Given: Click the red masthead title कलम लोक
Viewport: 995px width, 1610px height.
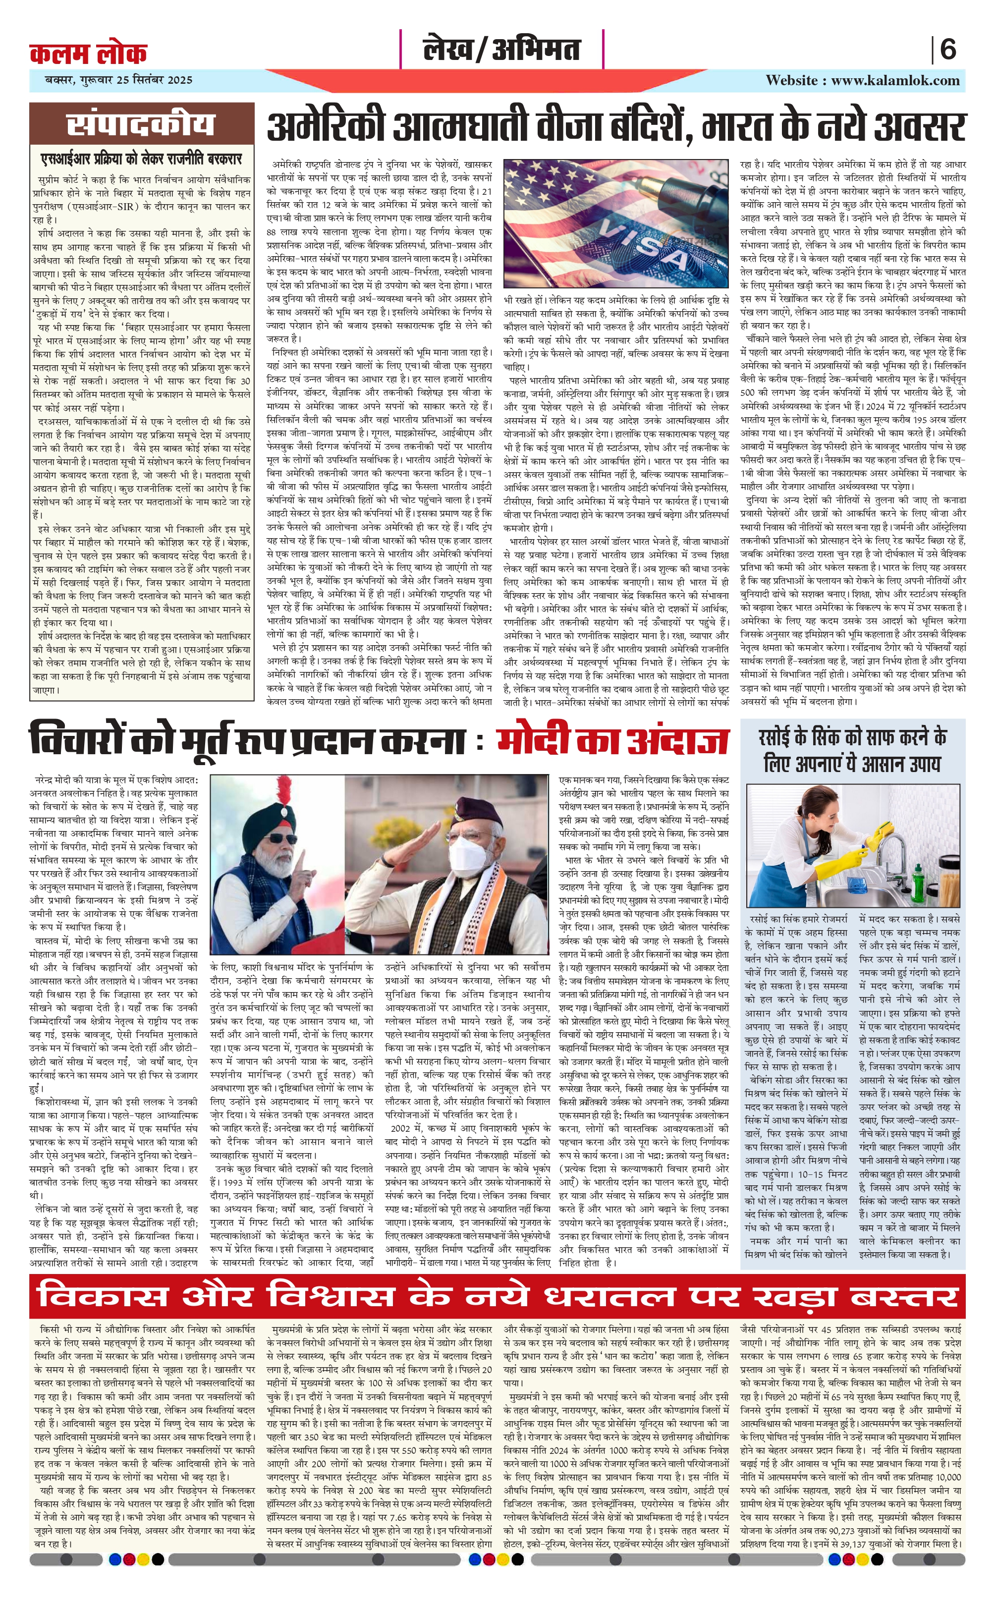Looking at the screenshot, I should point(88,53).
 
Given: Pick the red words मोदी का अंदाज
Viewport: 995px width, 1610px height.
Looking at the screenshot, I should point(612,739).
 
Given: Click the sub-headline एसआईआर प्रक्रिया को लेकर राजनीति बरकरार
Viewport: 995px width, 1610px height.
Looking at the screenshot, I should point(142,159).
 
